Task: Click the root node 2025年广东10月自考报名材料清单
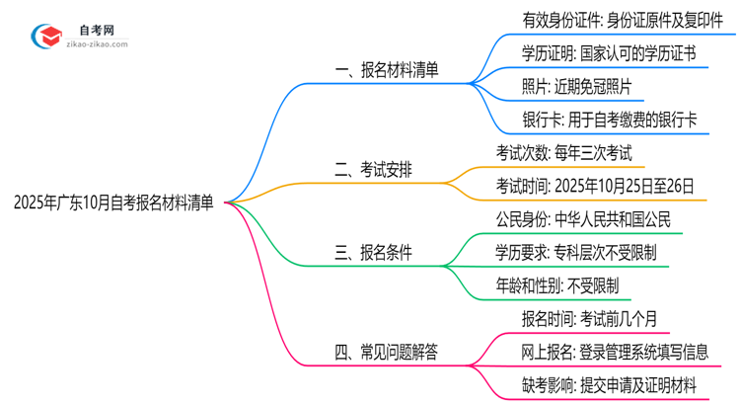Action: tap(113, 203)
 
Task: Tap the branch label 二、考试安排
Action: tap(372, 170)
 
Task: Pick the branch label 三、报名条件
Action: tap(372, 253)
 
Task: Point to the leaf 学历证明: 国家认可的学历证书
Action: tap(609, 52)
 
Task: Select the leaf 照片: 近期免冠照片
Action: tap(575, 87)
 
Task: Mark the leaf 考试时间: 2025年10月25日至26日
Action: tap(595, 185)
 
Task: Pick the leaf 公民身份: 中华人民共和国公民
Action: tap(583, 218)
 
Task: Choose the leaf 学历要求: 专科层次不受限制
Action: tap(575, 253)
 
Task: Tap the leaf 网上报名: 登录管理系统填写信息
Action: tap(614, 353)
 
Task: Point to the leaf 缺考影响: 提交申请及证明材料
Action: tap(609, 386)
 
